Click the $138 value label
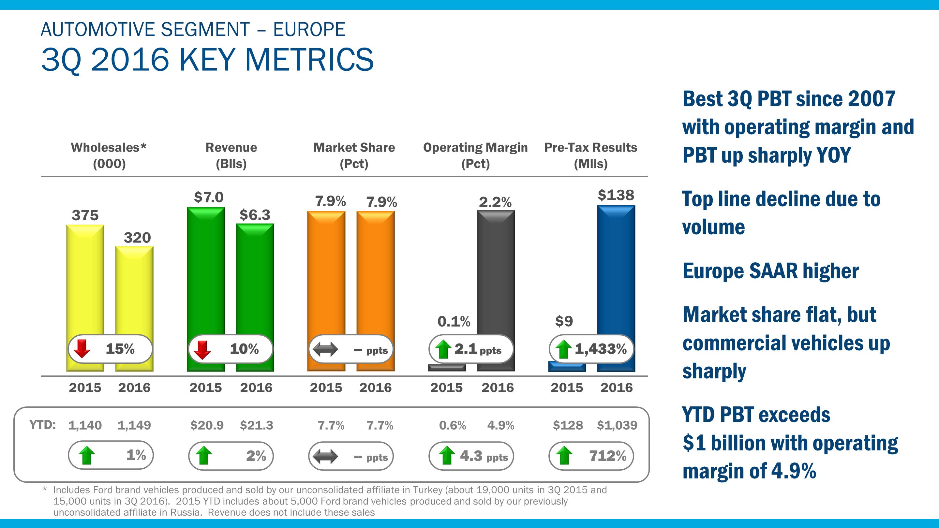click(616, 195)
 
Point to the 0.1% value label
click(454, 321)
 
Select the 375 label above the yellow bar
click(85, 215)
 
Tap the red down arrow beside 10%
click(202, 349)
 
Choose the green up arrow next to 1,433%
click(563, 349)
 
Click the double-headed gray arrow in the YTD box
click(325, 456)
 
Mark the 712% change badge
click(591, 456)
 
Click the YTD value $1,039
click(617, 425)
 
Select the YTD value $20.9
click(207, 425)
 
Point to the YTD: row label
click(43, 425)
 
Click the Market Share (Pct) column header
click(354, 155)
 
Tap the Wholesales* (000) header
click(109, 155)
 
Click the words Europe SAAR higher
click(770, 271)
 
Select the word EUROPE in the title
click(309, 30)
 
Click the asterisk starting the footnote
click(45, 489)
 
